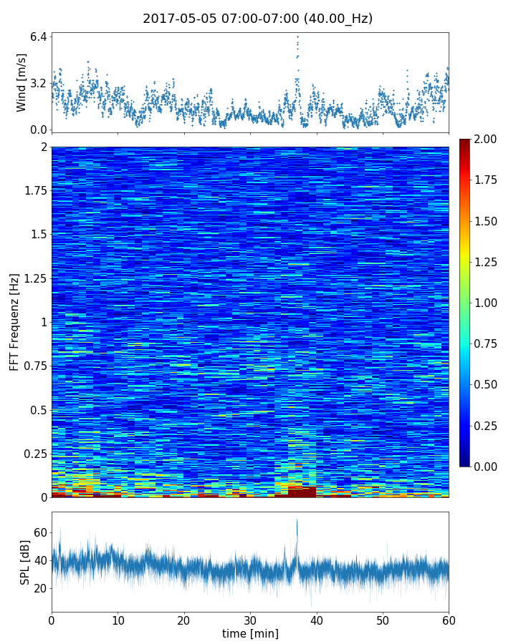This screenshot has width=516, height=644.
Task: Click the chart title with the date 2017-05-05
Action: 257,19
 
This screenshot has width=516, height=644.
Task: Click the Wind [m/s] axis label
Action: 21,83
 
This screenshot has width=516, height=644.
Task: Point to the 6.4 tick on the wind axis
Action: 39,36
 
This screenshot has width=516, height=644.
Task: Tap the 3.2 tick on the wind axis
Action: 39,83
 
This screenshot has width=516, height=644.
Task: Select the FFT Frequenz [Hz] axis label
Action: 14,321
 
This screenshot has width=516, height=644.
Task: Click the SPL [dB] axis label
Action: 25,561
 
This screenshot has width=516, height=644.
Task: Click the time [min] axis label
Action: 250,633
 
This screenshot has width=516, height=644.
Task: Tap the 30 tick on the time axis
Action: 250,619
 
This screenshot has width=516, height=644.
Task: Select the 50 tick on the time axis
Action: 383,619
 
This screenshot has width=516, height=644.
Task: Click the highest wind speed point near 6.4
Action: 297,36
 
